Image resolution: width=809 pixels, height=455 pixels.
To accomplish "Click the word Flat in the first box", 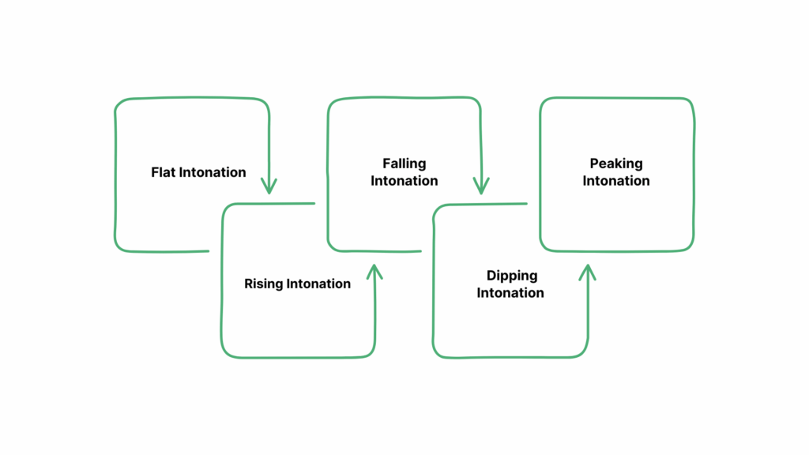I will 164,172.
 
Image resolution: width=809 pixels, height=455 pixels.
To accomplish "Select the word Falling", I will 404,164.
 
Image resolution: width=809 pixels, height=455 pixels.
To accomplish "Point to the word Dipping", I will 511,276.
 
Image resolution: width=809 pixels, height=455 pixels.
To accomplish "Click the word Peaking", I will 616,164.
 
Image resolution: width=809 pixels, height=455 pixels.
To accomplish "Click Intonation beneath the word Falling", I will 404,181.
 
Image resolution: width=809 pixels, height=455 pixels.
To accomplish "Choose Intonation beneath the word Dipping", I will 510,293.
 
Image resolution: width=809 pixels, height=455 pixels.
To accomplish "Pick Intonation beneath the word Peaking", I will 616,181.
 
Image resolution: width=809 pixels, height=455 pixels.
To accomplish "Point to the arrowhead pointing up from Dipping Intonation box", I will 586,271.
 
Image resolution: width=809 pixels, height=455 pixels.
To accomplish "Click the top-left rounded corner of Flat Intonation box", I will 119,103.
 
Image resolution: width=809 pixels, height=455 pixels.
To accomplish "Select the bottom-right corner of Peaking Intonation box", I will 690,247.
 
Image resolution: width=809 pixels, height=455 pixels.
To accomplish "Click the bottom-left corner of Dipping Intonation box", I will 438,352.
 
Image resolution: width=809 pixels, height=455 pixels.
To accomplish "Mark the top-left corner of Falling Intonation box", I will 332,103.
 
